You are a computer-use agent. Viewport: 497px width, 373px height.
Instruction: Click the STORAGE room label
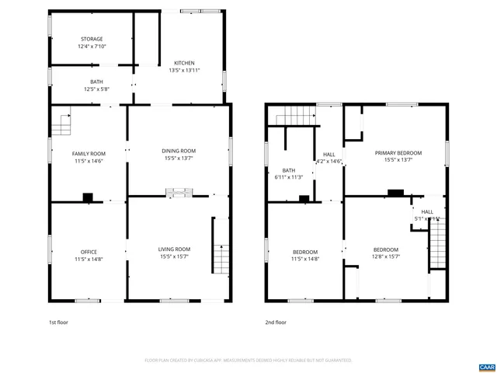coord(91,39)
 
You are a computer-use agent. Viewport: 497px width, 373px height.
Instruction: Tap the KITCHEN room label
coord(184,63)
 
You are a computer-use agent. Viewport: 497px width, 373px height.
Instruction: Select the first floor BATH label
coord(96,82)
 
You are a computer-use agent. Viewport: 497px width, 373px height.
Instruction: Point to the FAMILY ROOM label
coord(89,154)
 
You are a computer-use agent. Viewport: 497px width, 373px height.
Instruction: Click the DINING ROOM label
coord(179,151)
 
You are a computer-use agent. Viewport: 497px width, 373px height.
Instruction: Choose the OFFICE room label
coord(89,252)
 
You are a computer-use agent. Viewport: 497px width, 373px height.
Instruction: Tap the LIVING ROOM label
coord(175,249)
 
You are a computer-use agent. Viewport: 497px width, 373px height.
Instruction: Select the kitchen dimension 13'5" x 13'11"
coord(184,71)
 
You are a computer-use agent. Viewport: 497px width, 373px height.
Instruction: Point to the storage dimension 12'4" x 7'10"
coord(91,47)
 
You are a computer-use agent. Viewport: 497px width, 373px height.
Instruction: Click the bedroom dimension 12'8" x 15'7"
coord(385,259)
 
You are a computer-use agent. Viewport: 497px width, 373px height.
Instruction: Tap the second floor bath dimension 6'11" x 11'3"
coord(289,177)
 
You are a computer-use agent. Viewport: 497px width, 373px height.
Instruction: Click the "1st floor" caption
coord(59,322)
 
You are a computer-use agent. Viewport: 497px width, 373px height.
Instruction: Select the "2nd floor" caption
coord(276,322)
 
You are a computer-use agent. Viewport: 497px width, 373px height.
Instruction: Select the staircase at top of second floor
coord(295,117)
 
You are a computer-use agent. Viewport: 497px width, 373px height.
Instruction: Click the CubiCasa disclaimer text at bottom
coord(248,361)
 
